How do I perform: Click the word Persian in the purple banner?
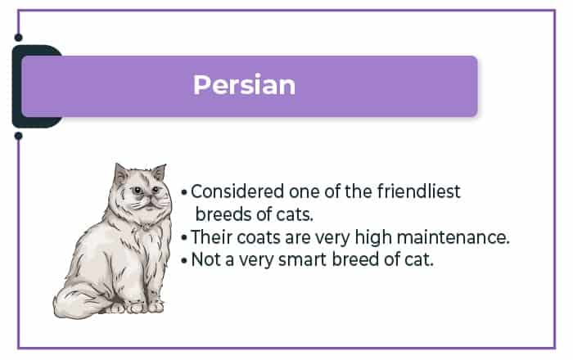pyautogui.click(x=244, y=85)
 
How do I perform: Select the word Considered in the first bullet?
pyautogui.click(x=237, y=191)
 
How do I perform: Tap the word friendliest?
pyautogui.click(x=418, y=191)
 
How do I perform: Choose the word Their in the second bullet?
pyautogui.click(x=211, y=237)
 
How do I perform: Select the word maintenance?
pyautogui.click(x=453, y=237)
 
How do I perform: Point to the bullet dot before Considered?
pyautogui.click(x=184, y=192)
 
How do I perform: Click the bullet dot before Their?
pyautogui.click(x=184, y=238)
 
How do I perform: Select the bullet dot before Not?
pyautogui.click(x=184, y=261)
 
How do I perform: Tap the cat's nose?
pyautogui.click(x=150, y=197)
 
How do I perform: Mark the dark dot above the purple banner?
pyautogui.click(x=18, y=38)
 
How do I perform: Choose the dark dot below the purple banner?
pyautogui.click(x=18, y=136)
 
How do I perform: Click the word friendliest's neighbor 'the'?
pyautogui.click(x=359, y=191)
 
